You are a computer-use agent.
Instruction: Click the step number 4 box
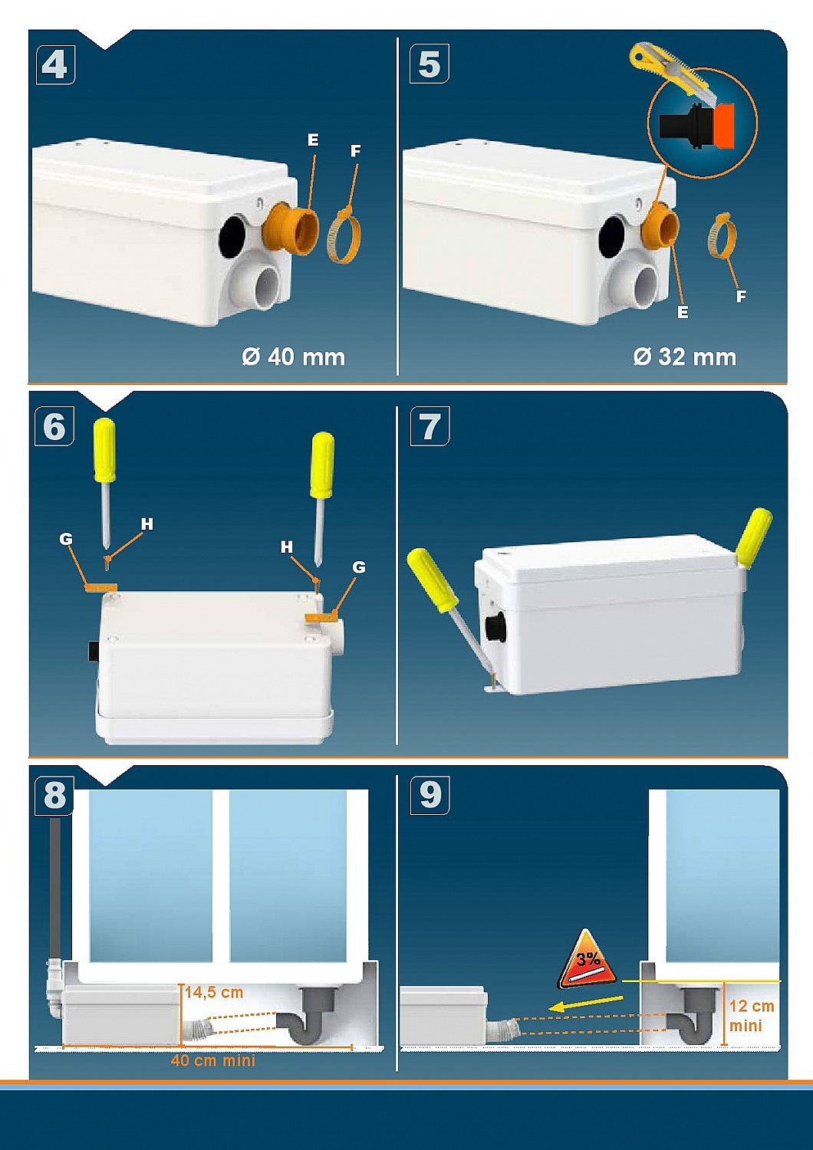coord(55,64)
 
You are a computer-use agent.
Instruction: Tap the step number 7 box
coord(430,426)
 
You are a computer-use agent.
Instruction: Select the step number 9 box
coord(430,795)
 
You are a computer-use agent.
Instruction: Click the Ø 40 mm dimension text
coord(293,356)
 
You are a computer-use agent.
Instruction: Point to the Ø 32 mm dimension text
coord(685,356)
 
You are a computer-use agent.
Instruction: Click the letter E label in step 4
coord(313,140)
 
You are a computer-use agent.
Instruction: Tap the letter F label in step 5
coord(741,296)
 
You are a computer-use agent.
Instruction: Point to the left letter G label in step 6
coord(66,538)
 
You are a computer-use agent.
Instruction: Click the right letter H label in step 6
coord(287,547)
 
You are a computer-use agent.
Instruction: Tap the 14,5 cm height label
coord(214,992)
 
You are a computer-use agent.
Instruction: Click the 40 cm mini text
coord(212,1060)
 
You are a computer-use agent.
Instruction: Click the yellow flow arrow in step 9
coord(585,1003)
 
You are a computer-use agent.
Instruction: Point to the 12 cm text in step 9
coord(752,1006)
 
